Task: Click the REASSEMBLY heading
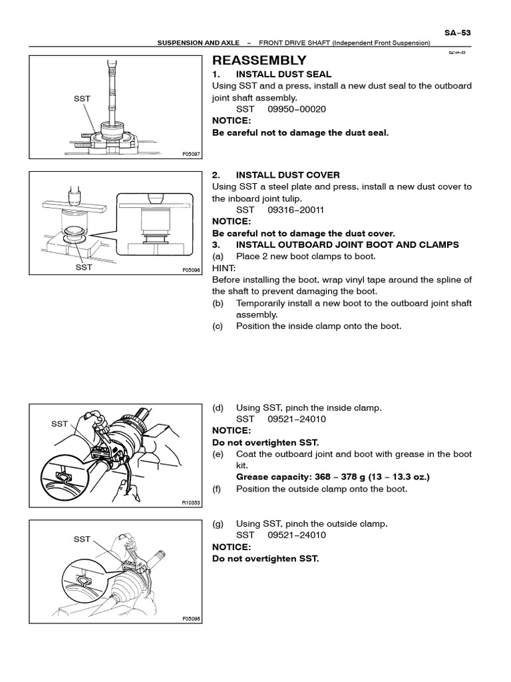click(259, 60)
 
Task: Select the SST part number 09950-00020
click(297, 109)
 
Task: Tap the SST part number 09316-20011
click(297, 209)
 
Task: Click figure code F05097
click(191, 154)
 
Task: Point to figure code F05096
click(191, 270)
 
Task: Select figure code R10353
click(191, 503)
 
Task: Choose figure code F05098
click(191, 619)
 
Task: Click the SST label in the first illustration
click(82, 99)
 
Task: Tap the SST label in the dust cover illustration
click(84, 267)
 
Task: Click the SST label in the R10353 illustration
click(59, 423)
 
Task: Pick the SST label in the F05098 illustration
click(82, 539)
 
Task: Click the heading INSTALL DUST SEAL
click(283, 74)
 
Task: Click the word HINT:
click(224, 268)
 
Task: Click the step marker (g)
click(218, 523)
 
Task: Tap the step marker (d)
click(218, 408)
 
